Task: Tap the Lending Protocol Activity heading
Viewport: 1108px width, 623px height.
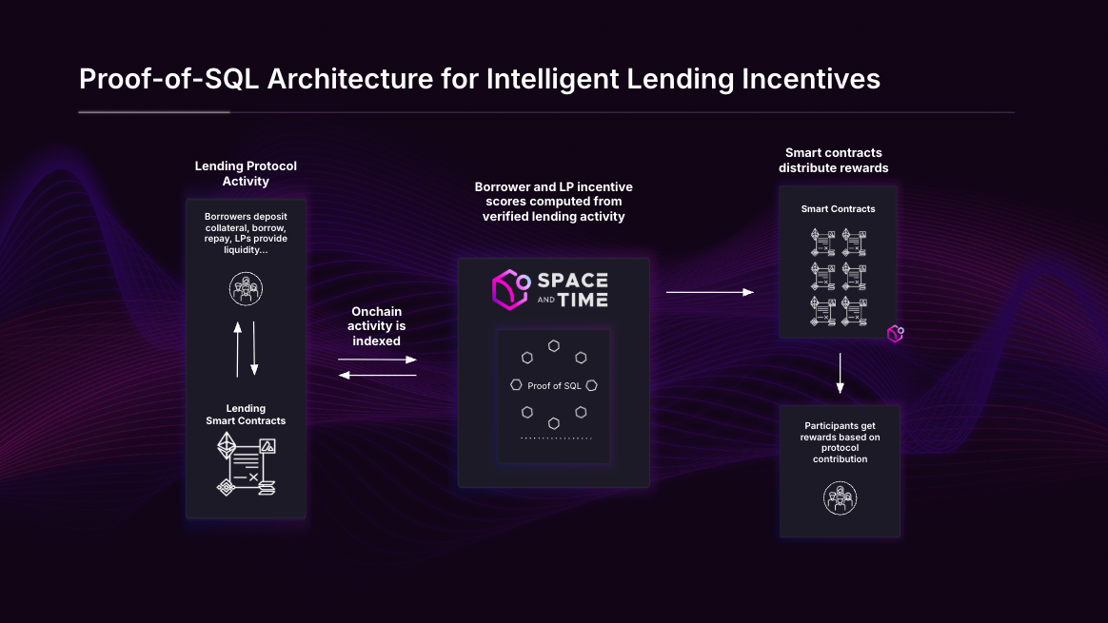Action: tap(246, 173)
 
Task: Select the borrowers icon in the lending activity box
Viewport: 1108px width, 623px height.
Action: tap(246, 287)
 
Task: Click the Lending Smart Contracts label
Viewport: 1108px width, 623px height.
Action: tap(246, 415)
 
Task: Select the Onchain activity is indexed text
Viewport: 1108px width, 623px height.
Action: tap(377, 326)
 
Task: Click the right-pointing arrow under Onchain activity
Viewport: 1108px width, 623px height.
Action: tap(377, 360)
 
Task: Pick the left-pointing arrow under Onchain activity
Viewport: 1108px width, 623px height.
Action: tap(377, 375)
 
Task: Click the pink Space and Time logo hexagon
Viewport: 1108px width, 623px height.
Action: tap(510, 289)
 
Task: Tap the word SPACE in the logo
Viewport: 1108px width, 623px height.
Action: tap(572, 280)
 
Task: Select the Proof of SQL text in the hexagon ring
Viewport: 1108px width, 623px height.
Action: tap(554, 385)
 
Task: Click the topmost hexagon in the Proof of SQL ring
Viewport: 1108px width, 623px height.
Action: tap(554, 345)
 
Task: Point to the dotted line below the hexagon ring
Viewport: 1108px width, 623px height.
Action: tap(556, 438)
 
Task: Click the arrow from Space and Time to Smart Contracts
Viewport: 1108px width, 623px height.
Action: tap(709, 293)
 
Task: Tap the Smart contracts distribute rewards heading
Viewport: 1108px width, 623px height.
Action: tap(833, 160)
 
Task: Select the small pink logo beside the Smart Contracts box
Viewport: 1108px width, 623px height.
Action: tap(895, 334)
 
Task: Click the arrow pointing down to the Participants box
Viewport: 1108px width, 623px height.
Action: tap(840, 373)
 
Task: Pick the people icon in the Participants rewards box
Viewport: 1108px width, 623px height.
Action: tap(840, 497)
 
